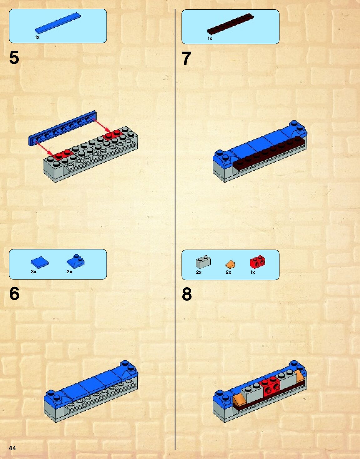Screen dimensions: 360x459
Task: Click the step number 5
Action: coord(14,57)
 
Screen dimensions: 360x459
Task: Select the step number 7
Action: coord(186,58)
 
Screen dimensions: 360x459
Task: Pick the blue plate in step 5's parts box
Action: coord(58,23)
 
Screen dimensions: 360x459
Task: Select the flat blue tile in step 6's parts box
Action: coord(40,263)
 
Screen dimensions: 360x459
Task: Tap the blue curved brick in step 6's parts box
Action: coord(76,261)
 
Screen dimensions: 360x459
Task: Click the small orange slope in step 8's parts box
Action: coord(230,264)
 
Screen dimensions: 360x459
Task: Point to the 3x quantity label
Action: coord(33,272)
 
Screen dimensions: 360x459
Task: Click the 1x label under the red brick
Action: coord(253,272)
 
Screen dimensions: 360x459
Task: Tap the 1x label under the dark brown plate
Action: coord(210,38)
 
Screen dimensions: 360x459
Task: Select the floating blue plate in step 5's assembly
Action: coord(63,128)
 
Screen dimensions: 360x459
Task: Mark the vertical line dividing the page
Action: coord(175,229)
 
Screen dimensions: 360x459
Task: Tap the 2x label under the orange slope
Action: coord(228,272)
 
